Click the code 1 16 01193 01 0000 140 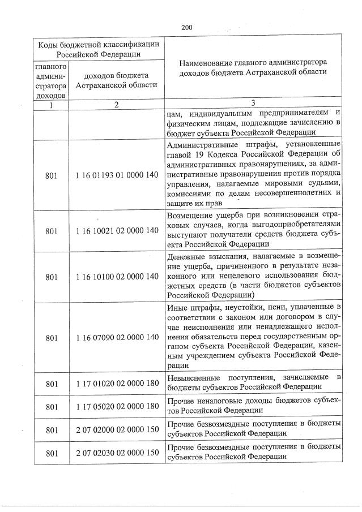tap(117, 176)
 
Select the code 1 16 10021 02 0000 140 tap(117, 231)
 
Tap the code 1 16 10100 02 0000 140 tap(117, 277)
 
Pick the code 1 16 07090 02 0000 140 tap(117, 337)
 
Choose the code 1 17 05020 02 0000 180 tap(117, 406)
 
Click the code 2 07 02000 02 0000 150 tap(117, 429)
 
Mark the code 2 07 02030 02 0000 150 tap(117, 453)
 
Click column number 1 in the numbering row tap(51, 104)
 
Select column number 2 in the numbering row tap(116, 104)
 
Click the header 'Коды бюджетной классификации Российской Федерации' tap(98, 49)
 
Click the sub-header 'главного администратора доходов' tap(51, 80)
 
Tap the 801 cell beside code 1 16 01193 tap(51, 176)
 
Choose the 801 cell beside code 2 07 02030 tap(51, 453)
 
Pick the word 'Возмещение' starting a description tap(191, 216)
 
